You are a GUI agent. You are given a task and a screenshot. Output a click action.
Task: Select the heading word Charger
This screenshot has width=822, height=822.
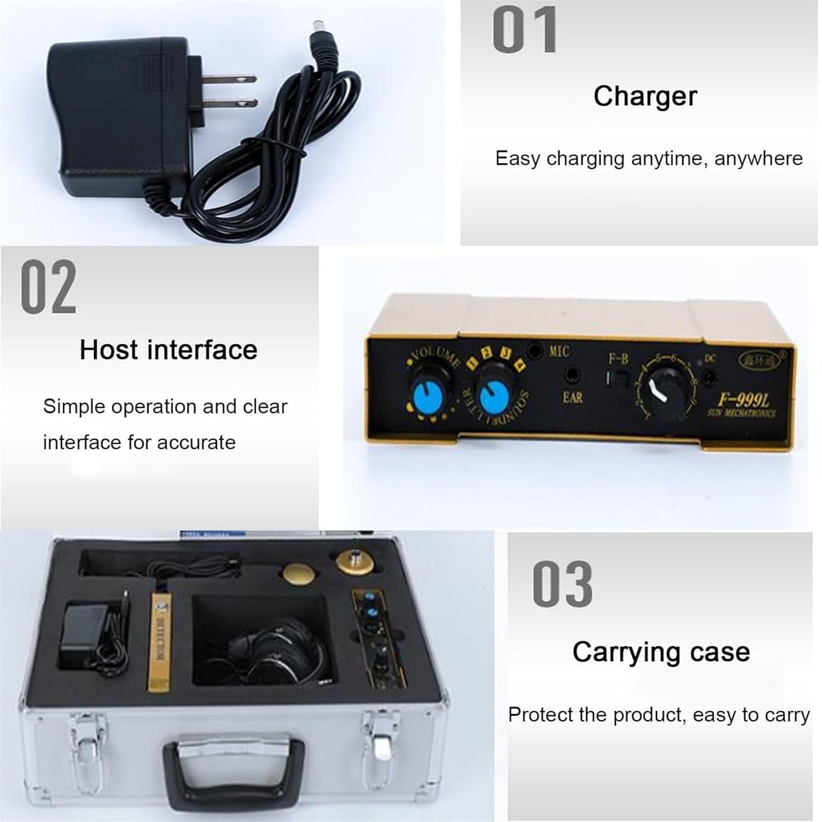(x=645, y=96)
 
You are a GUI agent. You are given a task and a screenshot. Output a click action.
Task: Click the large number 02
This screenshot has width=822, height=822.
(x=48, y=288)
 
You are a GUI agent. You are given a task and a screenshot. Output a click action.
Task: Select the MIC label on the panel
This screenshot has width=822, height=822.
(x=559, y=352)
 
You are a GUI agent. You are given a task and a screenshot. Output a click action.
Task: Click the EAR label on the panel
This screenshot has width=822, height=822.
(x=572, y=397)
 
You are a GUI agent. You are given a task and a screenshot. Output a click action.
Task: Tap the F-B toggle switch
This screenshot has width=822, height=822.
(x=616, y=379)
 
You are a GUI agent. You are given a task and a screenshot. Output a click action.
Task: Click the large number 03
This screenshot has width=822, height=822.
(x=562, y=585)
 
